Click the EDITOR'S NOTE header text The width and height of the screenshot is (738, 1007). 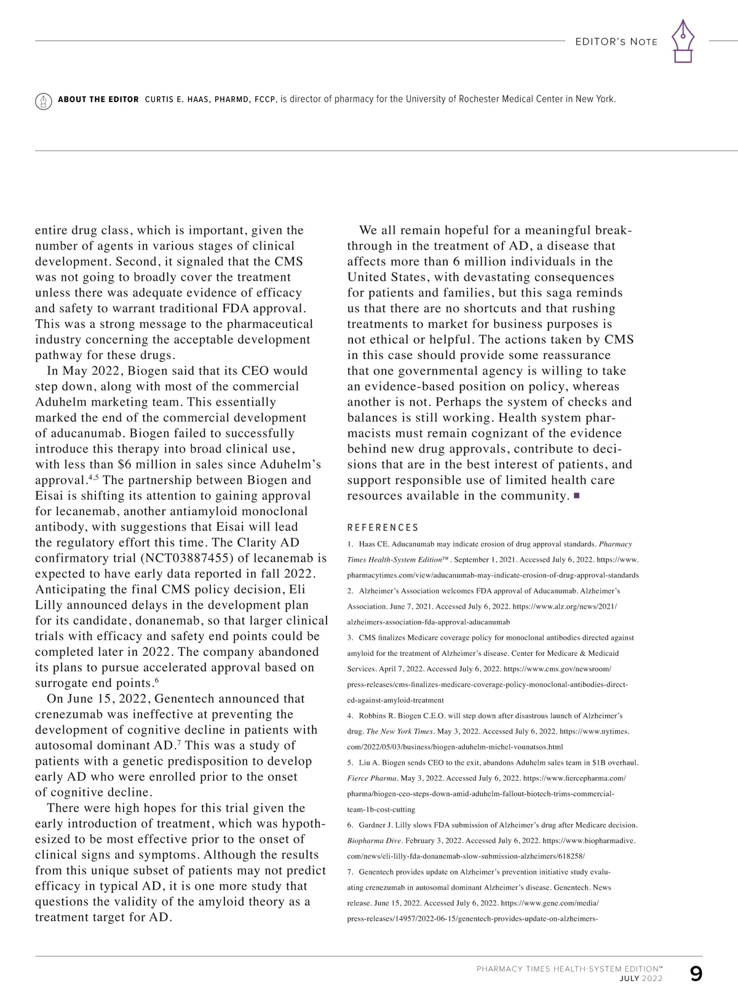tap(616, 42)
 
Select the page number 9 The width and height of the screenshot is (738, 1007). tap(696, 974)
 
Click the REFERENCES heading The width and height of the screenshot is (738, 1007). tap(383, 527)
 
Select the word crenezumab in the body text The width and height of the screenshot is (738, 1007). tap(68, 714)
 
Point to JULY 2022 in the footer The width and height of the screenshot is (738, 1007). tap(641, 979)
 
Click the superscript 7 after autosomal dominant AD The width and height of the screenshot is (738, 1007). tap(179, 743)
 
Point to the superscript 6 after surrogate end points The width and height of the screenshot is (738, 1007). tap(157, 681)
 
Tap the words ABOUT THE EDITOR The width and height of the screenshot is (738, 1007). tap(98, 100)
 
